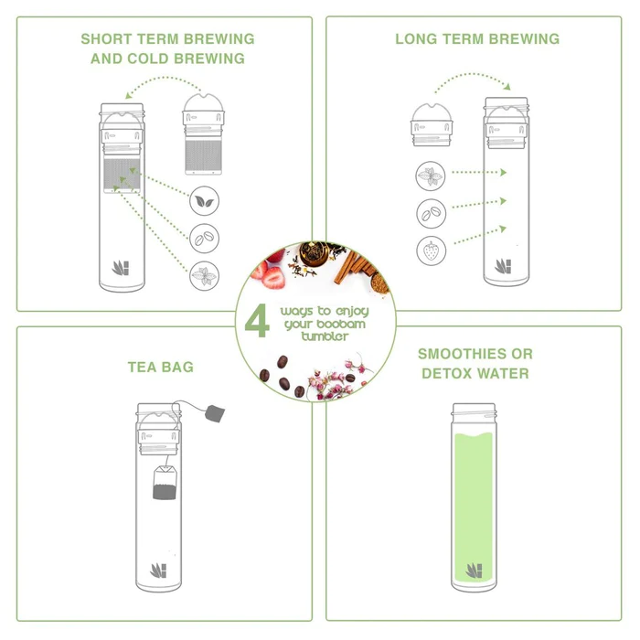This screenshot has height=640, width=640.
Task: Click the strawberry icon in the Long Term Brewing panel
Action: [431, 251]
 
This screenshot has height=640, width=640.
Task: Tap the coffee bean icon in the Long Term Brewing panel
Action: [431, 213]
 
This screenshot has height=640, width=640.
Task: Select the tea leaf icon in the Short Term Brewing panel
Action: [204, 201]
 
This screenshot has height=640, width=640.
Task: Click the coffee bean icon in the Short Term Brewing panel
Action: [204, 238]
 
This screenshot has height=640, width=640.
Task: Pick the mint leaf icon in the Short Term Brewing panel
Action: [204, 275]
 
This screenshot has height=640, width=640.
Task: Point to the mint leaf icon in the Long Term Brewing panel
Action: [431, 176]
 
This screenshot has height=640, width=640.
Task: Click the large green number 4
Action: [257, 321]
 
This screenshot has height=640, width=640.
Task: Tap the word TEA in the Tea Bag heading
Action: [142, 367]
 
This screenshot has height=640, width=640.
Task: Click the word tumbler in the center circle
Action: [325, 336]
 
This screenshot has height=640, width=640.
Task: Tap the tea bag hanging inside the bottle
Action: [165, 482]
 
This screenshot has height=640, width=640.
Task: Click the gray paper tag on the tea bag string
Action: [215, 413]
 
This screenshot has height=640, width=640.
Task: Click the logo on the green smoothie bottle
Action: [475, 571]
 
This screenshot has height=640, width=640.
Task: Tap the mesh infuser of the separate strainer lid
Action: [203, 156]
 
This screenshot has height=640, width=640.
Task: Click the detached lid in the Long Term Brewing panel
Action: [432, 124]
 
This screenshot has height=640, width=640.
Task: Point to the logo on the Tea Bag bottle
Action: [159, 571]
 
